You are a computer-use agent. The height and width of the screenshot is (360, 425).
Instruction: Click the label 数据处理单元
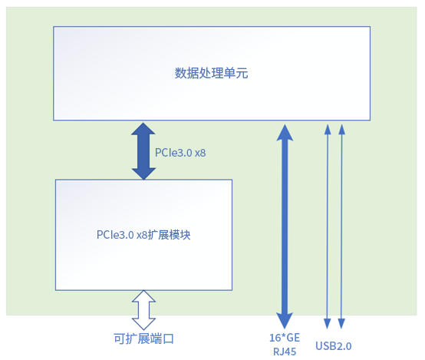point(211,74)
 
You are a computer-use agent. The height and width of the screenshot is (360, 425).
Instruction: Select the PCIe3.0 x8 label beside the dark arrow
point(180,153)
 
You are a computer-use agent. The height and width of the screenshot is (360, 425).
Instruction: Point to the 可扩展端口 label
point(143,339)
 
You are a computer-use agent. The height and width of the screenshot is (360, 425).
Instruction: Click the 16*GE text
point(283,336)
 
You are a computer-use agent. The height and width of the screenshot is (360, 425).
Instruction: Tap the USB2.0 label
point(333,346)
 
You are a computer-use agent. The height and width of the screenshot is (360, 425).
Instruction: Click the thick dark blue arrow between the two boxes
point(143,150)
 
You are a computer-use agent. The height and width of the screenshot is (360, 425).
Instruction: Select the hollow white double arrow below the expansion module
point(143,310)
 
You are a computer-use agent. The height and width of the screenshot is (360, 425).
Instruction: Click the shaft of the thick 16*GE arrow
point(285,223)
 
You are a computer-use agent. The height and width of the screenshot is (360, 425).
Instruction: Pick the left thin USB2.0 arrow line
point(328,223)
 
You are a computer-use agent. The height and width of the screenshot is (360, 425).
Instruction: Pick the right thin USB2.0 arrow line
point(342,223)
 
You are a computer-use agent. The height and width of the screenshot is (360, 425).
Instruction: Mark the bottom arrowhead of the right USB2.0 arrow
point(342,324)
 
